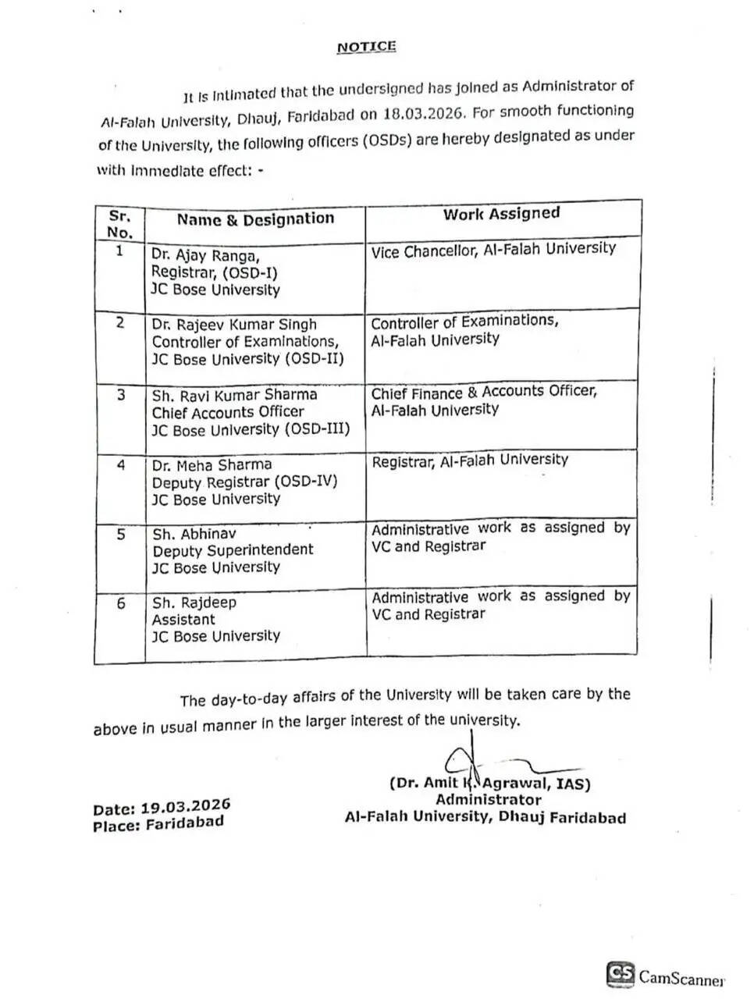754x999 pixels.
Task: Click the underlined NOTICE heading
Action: pyautogui.click(x=366, y=47)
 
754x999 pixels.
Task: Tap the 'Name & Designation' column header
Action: pyautogui.click(x=255, y=219)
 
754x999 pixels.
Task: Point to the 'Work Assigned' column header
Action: pyautogui.click(x=501, y=214)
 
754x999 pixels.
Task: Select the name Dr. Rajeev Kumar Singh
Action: pyautogui.click(x=234, y=324)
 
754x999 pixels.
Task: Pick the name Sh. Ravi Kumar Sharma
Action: pyautogui.click(x=234, y=394)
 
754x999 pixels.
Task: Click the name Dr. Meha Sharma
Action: pyautogui.click(x=212, y=465)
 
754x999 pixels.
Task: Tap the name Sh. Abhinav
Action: pyautogui.click(x=194, y=534)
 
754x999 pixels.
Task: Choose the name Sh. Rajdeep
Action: pyautogui.click(x=194, y=603)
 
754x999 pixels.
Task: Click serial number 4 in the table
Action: pyautogui.click(x=121, y=465)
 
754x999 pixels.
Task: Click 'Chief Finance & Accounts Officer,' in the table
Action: pyautogui.click(x=484, y=392)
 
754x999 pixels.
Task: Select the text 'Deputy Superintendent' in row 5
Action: pyautogui.click(x=233, y=550)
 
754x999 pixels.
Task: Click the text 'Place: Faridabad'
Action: pyautogui.click(x=158, y=823)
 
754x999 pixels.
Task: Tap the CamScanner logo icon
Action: pyautogui.click(x=621, y=974)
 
